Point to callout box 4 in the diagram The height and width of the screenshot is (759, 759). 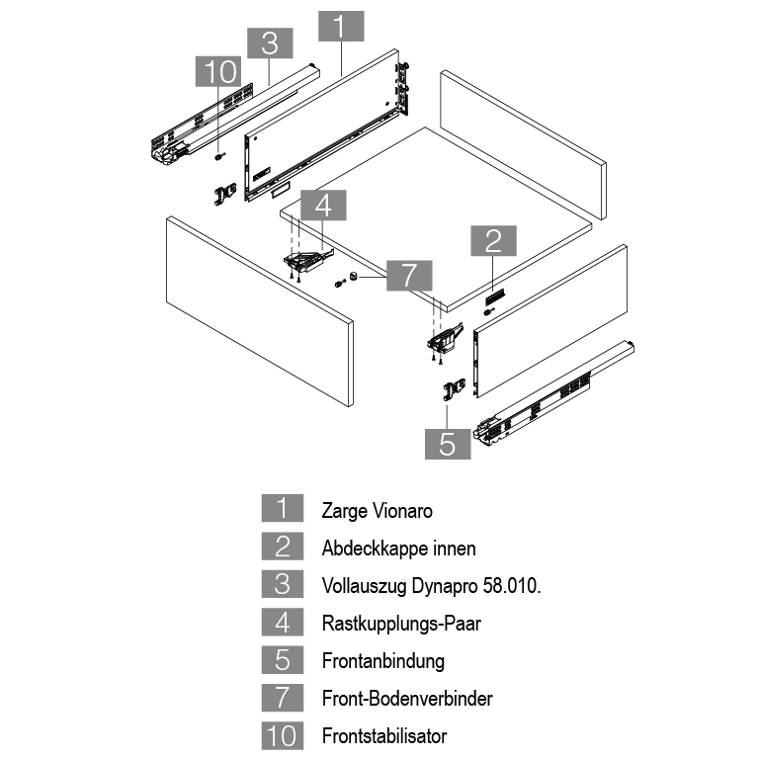point(323,205)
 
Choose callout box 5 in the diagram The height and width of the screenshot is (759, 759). point(448,444)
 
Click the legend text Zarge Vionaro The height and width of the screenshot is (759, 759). point(377,512)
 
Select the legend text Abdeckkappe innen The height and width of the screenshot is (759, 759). point(398,548)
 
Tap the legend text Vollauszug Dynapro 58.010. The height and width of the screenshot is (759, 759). point(431,585)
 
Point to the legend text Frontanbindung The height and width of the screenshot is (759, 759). point(382,660)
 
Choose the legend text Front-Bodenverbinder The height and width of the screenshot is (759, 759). point(406,698)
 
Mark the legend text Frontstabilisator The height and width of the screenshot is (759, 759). point(383,735)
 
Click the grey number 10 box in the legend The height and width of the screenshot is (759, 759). point(282,735)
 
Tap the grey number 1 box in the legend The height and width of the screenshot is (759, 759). point(282,511)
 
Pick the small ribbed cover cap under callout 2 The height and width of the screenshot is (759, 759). point(496,295)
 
